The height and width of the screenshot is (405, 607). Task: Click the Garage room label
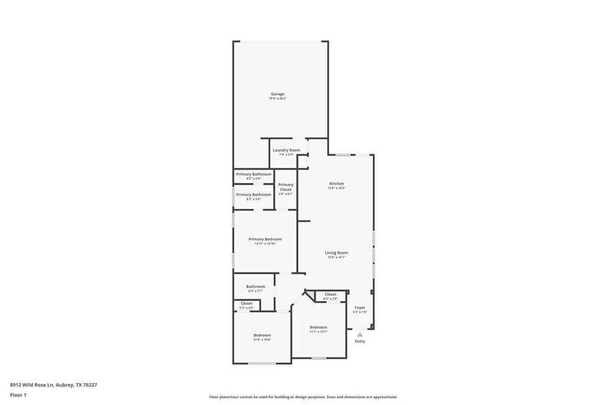tap(277, 94)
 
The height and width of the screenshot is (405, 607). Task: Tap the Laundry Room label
tap(286, 150)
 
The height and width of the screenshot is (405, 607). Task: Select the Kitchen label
tap(336, 183)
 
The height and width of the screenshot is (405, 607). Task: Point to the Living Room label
tap(336, 253)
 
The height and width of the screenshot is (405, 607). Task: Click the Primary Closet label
tap(285, 187)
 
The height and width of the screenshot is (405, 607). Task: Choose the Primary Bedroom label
tap(265, 239)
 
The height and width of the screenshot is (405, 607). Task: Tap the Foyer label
tap(360, 308)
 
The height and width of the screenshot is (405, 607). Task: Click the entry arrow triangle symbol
tap(360, 334)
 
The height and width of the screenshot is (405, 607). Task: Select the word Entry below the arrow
tap(360, 341)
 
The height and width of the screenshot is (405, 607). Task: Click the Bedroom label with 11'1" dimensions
tap(318, 327)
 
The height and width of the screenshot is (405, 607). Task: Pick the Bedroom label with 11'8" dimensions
tap(262, 335)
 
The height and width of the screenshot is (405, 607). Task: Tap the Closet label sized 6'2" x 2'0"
tap(330, 294)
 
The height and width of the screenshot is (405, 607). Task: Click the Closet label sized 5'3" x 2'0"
tap(246, 304)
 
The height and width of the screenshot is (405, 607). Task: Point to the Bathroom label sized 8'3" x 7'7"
tap(256, 287)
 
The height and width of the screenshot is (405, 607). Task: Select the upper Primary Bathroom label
tap(254, 174)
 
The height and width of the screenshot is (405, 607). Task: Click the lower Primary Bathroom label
tap(254, 194)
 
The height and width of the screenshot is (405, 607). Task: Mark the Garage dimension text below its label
tap(277, 98)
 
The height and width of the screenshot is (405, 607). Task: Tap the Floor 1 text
tap(18, 395)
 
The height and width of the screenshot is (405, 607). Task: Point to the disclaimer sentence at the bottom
tap(303, 397)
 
